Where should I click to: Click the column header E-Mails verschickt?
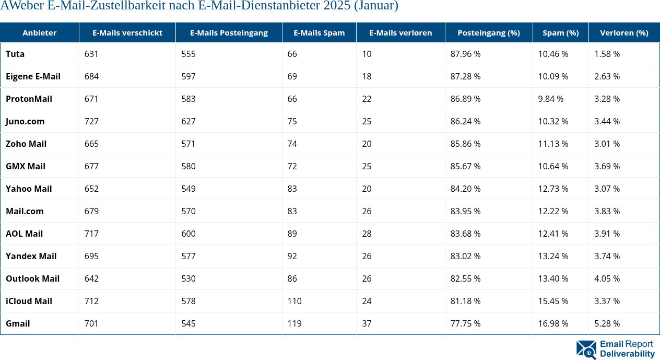[x=127, y=32]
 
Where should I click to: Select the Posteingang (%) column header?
[x=488, y=32]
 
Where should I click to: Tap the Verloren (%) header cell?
[x=624, y=32]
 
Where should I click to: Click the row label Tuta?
[x=15, y=54]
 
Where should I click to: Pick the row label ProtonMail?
[x=29, y=99]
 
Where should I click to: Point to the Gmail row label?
[x=18, y=323]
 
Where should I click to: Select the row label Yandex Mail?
[x=31, y=256]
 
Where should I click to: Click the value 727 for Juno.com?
[x=91, y=121]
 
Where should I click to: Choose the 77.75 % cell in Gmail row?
[x=465, y=323]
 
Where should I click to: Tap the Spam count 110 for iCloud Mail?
[x=294, y=301]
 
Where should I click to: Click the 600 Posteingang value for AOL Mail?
[x=188, y=234]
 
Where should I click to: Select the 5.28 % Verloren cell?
[x=607, y=323]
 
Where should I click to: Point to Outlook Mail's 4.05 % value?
[x=607, y=278]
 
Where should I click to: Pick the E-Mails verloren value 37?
[x=367, y=323]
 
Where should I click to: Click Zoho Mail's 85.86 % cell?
[x=465, y=144]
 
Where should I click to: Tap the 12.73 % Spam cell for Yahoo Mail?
[x=553, y=189]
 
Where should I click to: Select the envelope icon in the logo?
[x=586, y=350]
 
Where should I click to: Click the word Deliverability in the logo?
[x=627, y=354]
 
